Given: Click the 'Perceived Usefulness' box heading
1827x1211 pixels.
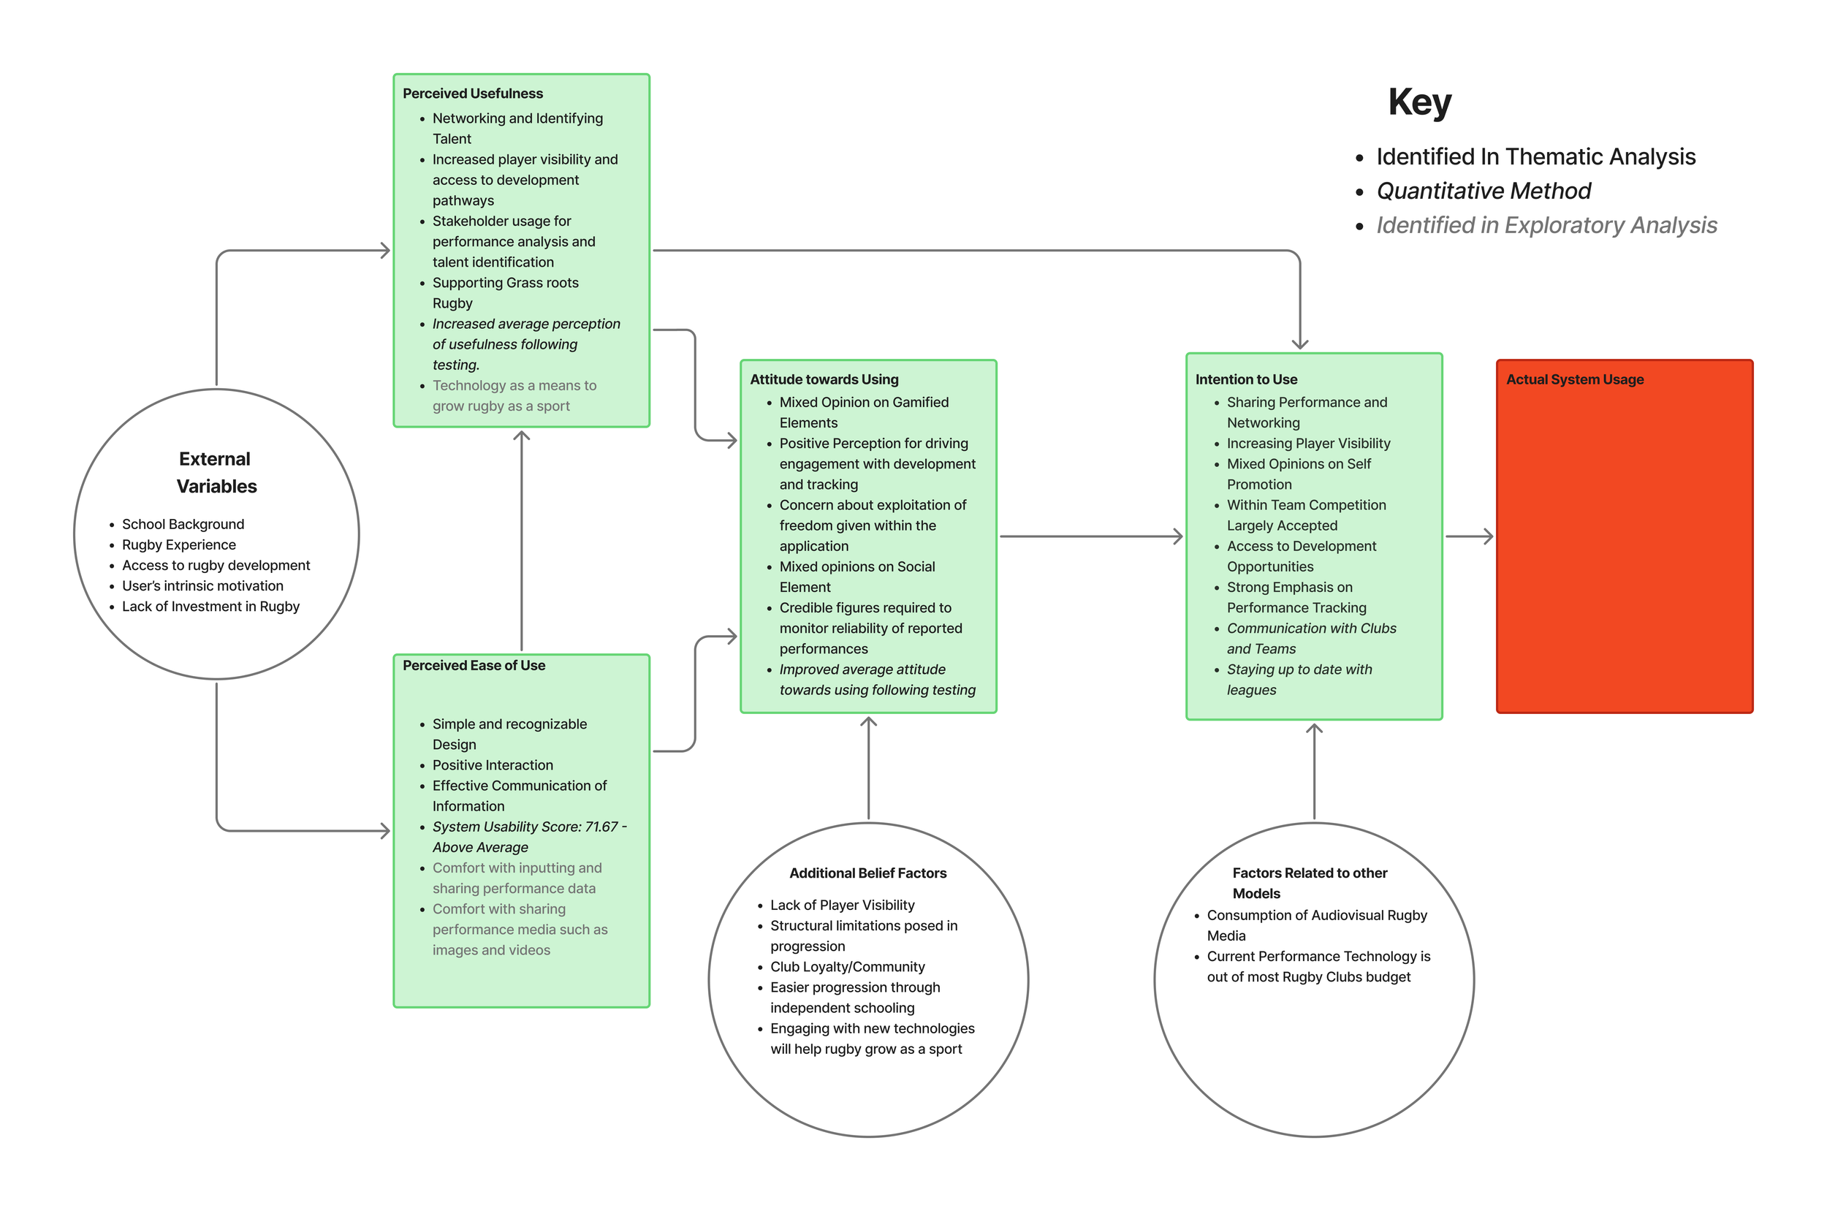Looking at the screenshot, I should tap(472, 94).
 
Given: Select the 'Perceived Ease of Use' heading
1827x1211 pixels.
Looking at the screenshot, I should tap(474, 665).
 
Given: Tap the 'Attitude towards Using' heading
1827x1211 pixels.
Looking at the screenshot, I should tap(823, 379).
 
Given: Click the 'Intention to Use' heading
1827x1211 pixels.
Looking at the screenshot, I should tap(1245, 379).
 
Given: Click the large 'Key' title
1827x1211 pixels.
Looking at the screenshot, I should tap(1418, 102).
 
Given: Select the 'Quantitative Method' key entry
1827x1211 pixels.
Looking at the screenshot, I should tap(1483, 191).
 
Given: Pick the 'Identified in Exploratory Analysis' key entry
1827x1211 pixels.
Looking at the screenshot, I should tap(1546, 225).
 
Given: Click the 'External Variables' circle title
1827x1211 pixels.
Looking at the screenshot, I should tap(216, 472).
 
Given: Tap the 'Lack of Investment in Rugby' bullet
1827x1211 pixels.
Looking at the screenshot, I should tap(210, 607).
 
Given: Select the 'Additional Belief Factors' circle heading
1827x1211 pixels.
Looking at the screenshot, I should tap(867, 873).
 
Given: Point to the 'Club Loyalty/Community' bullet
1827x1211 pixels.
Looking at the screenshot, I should tap(847, 966).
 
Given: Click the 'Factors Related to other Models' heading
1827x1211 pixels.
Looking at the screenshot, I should tap(1309, 883).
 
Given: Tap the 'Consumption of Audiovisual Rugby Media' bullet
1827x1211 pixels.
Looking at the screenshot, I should tap(1316, 925).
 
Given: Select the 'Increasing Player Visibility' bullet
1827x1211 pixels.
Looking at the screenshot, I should tap(1307, 444).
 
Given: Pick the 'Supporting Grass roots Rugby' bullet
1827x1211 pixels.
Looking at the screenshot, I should tap(504, 293).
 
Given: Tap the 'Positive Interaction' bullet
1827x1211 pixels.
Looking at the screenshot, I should tap(492, 764).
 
